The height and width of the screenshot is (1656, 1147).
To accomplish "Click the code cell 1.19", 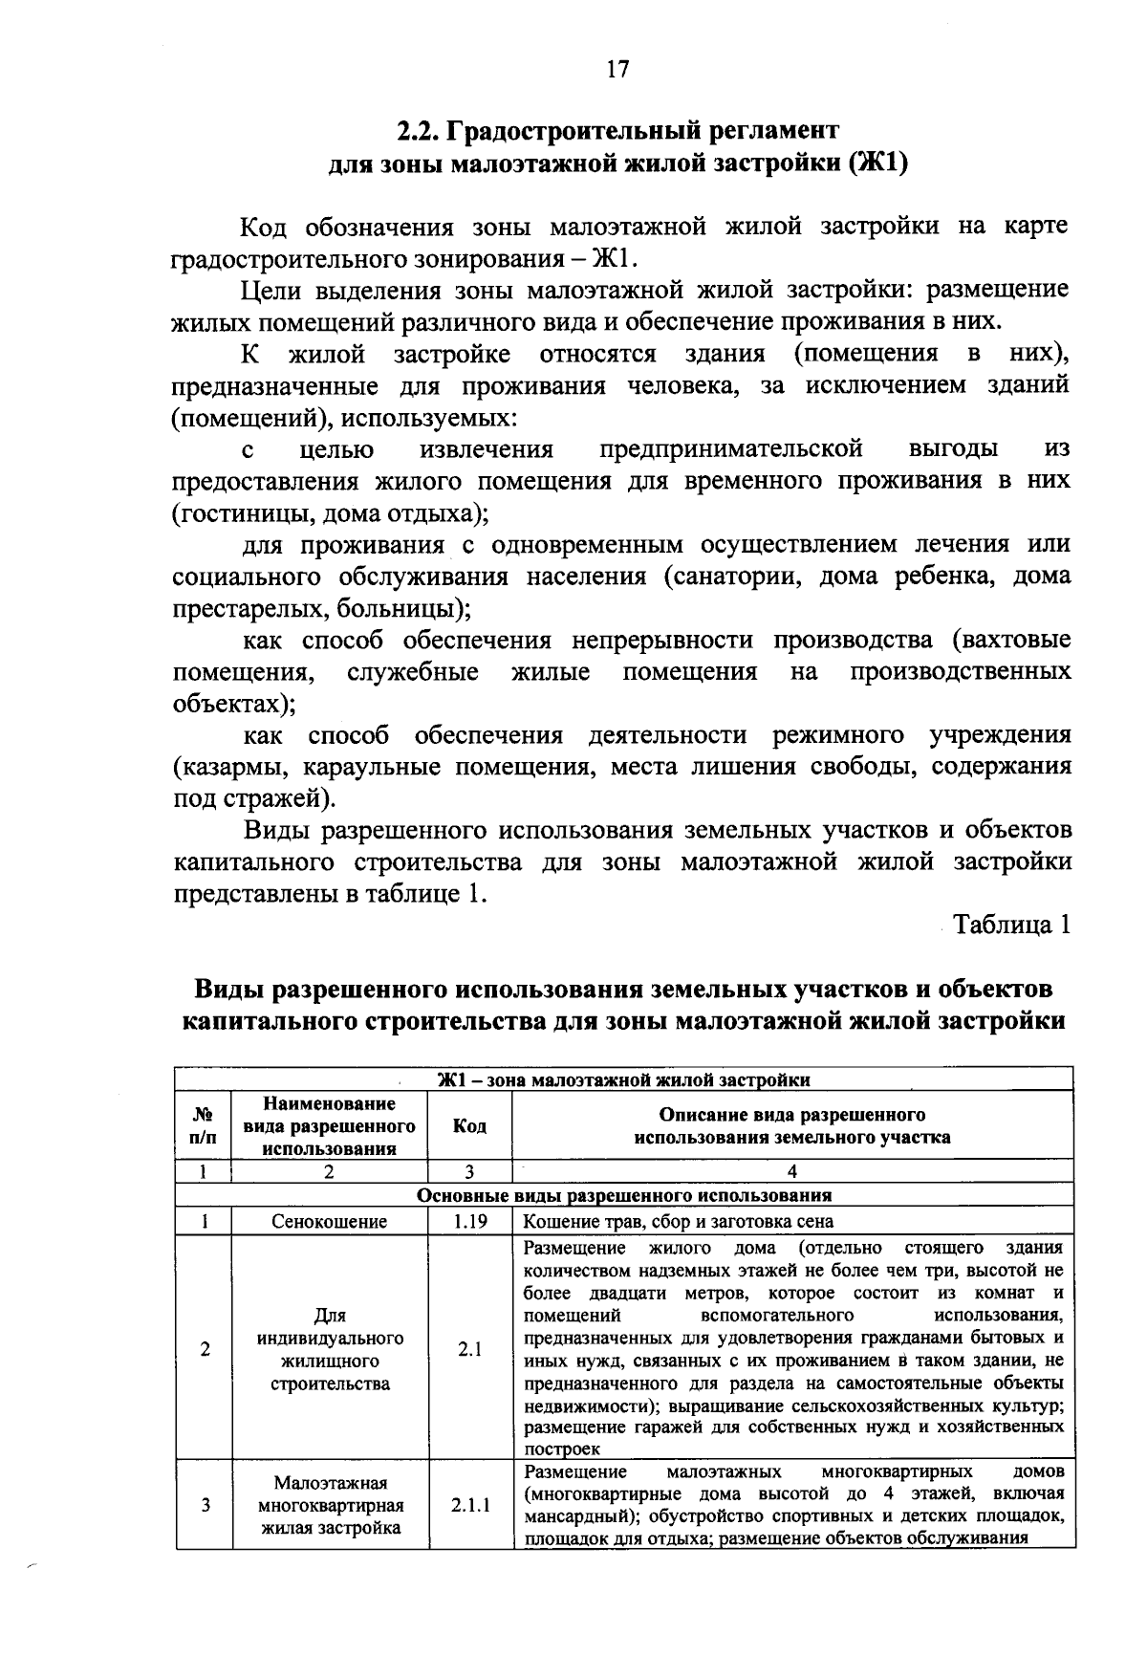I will coord(469,1221).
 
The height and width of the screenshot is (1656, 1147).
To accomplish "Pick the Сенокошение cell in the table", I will coord(330,1221).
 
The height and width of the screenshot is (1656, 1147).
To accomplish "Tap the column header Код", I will coord(469,1126).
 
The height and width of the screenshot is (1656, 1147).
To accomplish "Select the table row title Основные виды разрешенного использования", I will coord(624,1196).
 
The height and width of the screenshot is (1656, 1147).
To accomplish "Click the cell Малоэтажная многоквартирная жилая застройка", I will coord(330,1505).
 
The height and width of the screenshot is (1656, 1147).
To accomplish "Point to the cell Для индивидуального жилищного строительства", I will coord(330,1349).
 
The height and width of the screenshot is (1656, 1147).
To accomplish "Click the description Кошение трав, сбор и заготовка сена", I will coord(679,1221).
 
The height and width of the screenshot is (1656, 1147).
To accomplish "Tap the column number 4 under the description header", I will coord(791,1171).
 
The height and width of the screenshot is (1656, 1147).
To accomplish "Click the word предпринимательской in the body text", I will coord(731,449).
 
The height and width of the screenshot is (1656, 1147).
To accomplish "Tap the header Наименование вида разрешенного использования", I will coord(330,1126).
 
